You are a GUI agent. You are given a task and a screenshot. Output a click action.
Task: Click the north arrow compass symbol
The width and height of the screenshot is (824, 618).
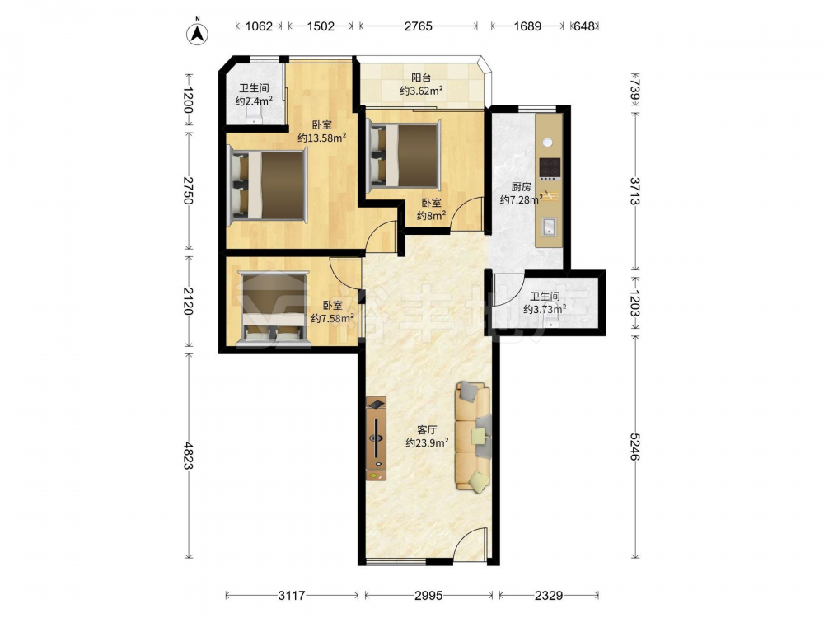tap(198, 33)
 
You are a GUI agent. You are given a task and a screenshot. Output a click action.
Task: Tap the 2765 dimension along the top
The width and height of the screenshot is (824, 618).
tap(419, 26)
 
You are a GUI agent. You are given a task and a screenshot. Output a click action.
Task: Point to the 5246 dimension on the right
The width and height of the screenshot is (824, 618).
tap(635, 447)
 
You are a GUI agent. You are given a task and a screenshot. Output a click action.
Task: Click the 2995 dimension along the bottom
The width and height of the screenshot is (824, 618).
tap(428, 596)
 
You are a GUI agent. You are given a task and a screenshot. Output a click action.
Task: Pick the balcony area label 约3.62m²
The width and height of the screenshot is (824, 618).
tap(421, 91)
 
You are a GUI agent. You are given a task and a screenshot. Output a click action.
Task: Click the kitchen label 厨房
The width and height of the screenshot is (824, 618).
tap(521, 187)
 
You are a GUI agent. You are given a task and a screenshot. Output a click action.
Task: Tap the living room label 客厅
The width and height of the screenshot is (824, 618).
tap(427, 430)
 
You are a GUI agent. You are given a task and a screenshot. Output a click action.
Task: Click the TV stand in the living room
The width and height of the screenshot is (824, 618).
tap(377, 438)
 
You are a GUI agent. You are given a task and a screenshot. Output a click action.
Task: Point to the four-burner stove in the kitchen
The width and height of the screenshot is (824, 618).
tap(550, 168)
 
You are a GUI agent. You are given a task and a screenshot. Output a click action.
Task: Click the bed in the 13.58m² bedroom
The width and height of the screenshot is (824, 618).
tap(267, 185)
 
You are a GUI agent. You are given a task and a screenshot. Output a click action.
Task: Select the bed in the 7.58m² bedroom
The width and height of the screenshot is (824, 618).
tap(273, 310)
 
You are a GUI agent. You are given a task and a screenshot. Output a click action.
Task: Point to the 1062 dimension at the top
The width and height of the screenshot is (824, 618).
tap(259, 26)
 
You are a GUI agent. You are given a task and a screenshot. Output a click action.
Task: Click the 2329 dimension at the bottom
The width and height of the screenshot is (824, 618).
tap(549, 596)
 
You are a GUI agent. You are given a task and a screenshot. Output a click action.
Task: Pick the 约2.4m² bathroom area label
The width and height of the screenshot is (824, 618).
tap(254, 101)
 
